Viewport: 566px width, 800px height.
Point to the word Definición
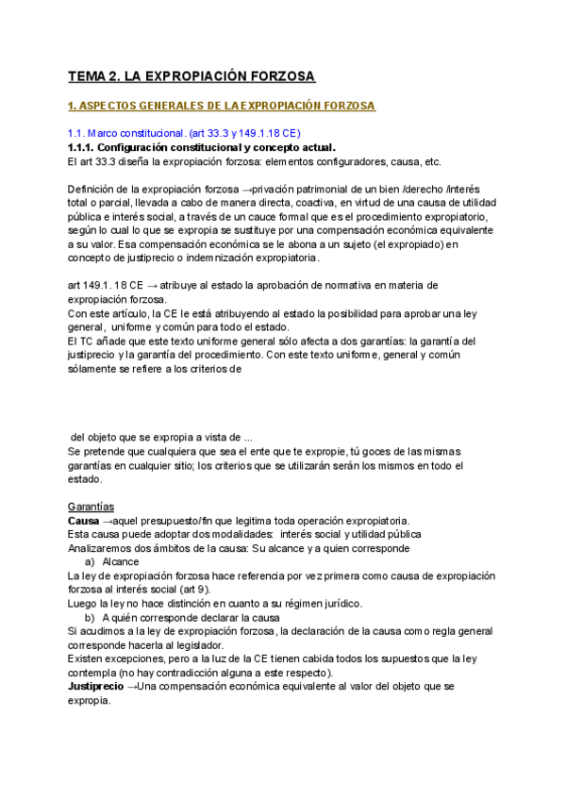click(x=94, y=189)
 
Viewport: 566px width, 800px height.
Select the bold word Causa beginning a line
click(x=84, y=522)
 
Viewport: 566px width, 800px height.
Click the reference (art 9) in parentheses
click(x=241, y=590)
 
